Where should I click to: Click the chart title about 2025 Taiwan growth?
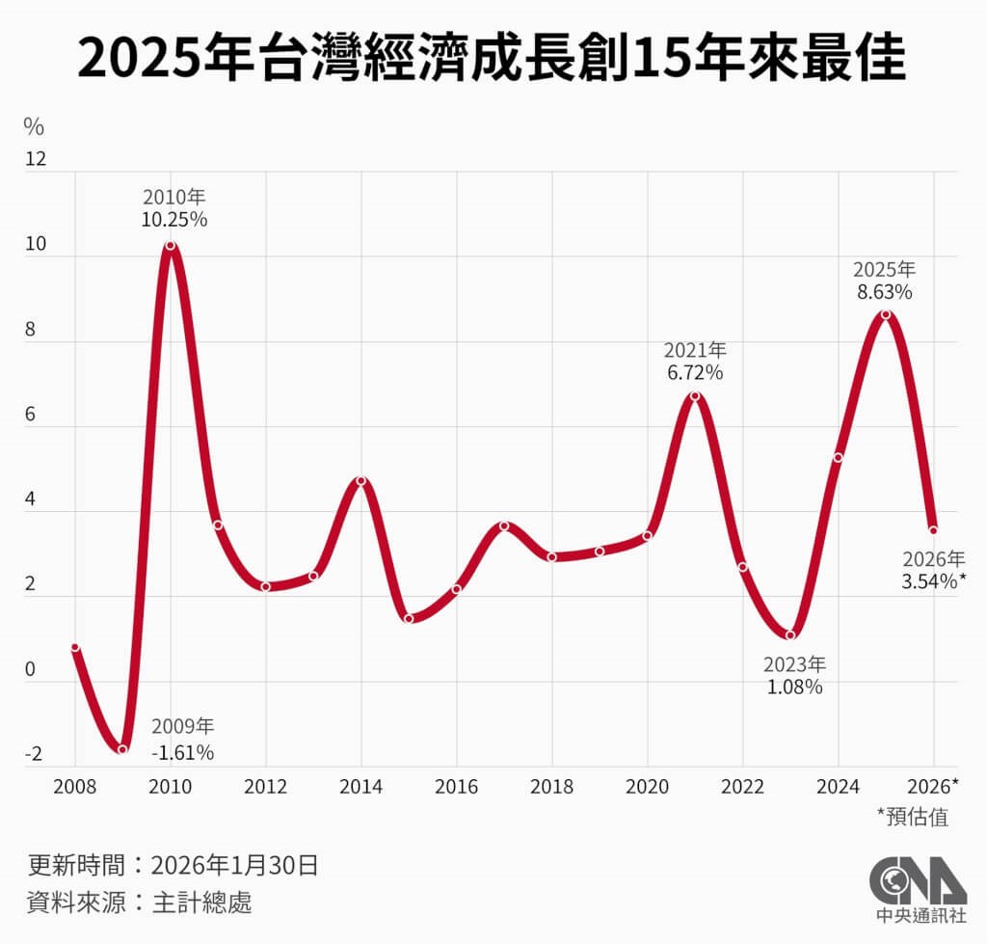coord(493,59)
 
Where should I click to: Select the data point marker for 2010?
coord(171,246)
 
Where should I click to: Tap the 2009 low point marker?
coord(122,749)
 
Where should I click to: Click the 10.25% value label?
coord(174,219)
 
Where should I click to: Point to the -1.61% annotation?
coord(182,752)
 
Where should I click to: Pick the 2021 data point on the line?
coord(695,396)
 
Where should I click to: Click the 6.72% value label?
coord(695,372)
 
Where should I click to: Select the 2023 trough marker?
coord(790,635)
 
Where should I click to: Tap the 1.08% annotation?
coord(794,688)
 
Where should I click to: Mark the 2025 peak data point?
coord(886,314)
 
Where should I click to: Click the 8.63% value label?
coord(885,290)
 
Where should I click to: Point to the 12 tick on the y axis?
coord(35,159)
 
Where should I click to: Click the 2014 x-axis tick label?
coord(360,787)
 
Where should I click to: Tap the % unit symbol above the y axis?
coord(34,126)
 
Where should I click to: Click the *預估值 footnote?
coord(912,817)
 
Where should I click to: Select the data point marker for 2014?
coord(360,481)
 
